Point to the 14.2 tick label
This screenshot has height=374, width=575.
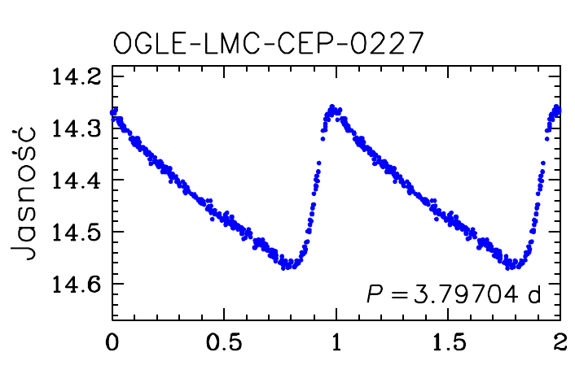(x=76, y=77)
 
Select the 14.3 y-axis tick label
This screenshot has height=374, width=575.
(x=76, y=128)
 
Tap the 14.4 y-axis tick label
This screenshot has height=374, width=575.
(x=76, y=180)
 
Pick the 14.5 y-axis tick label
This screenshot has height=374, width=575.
(x=76, y=232)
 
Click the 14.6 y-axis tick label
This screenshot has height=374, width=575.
(x=76, y=284)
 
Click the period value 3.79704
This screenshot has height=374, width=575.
(x=467, y=294)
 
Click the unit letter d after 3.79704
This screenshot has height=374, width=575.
(x=536, y=294)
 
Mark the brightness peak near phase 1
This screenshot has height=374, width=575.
(x=332, y=107)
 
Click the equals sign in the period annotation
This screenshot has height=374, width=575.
(x=399, y=295)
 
